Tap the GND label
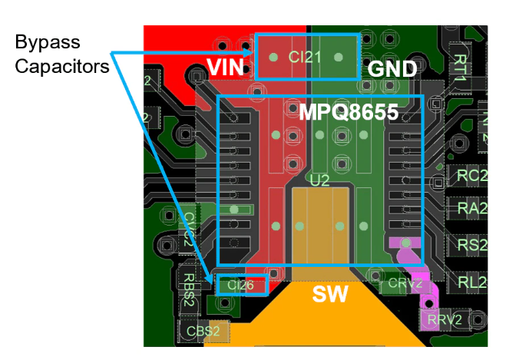pos(392,69)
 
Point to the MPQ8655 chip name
pos(349,113)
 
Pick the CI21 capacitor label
pos(305,56)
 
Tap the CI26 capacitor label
pos(240,286)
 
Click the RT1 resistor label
pos(460,68)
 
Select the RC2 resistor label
pos(471,176)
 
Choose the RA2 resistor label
pos(471,209)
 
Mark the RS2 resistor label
pos(471,245)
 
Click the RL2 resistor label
pos(471,282)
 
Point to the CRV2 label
pos(405,283)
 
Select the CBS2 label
pos(203,332)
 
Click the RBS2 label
pos(188,289)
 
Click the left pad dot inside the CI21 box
pos(273,56)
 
